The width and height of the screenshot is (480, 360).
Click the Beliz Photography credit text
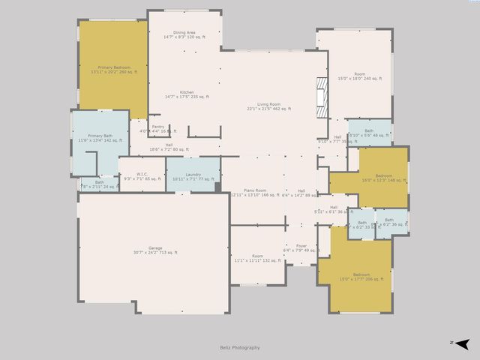tap(240, 347)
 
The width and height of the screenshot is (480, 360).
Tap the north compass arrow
tap(462, 343)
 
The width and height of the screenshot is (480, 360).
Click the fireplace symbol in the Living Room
tap(322, 96)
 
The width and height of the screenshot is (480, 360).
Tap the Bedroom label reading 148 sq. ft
tap(382, 177)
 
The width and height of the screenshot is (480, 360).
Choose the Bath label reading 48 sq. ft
tap(369, 133)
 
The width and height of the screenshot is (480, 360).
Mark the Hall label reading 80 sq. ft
tap(169, 147)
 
